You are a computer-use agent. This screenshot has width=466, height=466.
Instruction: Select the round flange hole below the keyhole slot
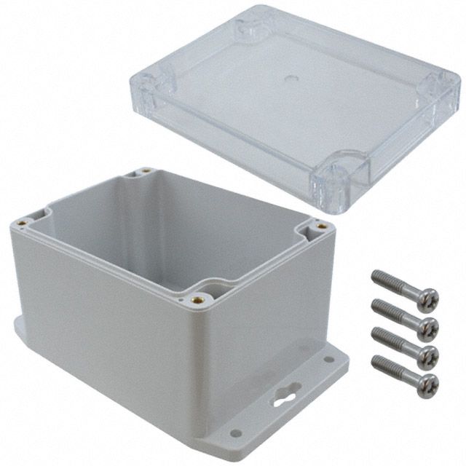tap(234, 433)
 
